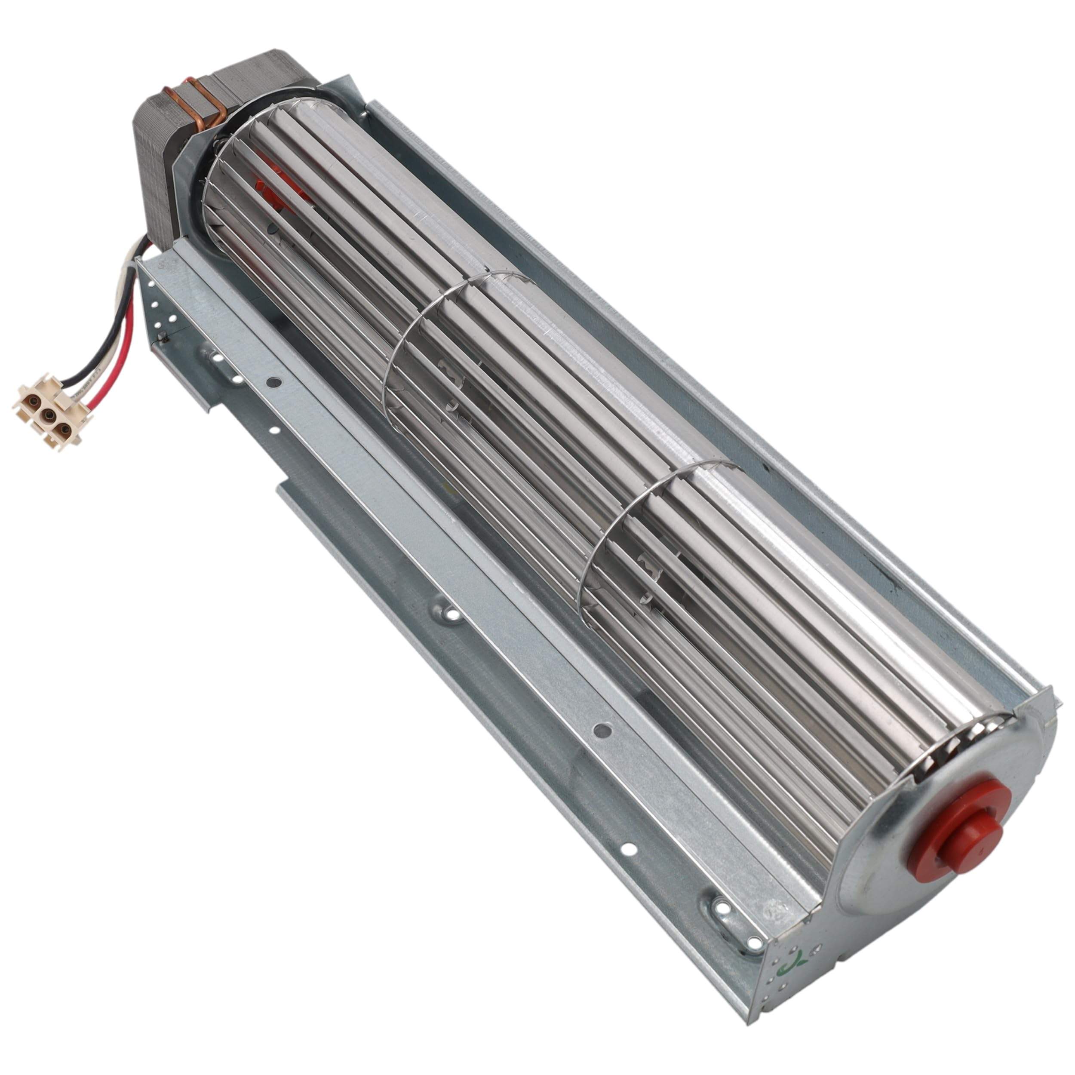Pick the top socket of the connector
31,399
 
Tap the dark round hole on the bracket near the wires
272,382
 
